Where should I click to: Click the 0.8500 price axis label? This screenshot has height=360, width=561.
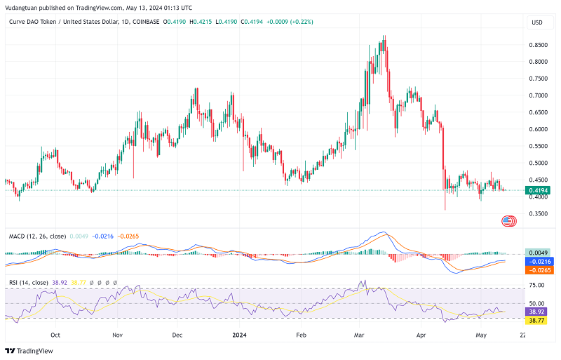click(x=538, y=45)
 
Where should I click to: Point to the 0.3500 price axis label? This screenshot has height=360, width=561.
click(x=538, y=213)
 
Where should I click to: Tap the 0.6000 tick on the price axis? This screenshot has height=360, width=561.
click(x=538, y=129)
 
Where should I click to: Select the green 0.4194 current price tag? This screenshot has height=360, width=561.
click(x=538, y=190)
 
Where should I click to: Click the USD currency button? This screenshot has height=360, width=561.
click(x=537, y=22)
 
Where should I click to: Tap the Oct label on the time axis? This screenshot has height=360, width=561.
click(x=55, y=335)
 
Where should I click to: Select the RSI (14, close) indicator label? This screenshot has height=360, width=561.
click(x=29, y=282)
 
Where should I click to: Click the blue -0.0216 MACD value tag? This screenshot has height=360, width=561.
click(x=538, y=261)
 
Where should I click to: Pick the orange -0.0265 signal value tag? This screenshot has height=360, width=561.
click(x=538, y=269)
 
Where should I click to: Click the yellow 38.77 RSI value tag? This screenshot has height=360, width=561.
click(x=538, y=320)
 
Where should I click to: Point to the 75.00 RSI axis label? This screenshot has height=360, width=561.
click(x=537, y=286)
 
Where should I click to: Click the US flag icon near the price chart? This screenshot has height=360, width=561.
click(x=509, y=220)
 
